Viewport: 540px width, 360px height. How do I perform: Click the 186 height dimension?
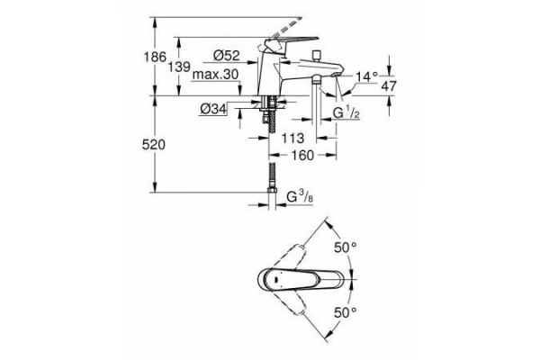(155, 57)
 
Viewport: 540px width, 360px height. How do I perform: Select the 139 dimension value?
(179, 67)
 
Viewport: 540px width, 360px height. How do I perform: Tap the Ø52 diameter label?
(226, 55)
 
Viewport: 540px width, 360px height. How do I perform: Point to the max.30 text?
(215, 74)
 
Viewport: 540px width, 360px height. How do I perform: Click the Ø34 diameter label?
(213, 109)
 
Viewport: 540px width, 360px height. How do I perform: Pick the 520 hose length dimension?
(154, 145)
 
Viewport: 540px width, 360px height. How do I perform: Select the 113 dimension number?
(292, 138)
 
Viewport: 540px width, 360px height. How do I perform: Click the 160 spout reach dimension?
(303, 156)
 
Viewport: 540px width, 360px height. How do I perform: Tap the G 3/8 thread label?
(300, 197)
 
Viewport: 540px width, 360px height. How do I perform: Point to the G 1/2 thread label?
(346, 112)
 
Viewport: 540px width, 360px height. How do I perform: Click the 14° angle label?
(367, 76)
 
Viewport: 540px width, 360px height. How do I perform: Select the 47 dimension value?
(389, 85)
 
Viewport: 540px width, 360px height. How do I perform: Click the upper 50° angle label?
(346, 247)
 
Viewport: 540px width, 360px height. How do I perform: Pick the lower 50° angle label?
(346, 312)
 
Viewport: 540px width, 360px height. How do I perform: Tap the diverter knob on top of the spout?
(315, 56)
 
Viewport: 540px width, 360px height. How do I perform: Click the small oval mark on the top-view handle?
(277, 279)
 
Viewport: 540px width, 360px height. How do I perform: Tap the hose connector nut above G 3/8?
(272, 190)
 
